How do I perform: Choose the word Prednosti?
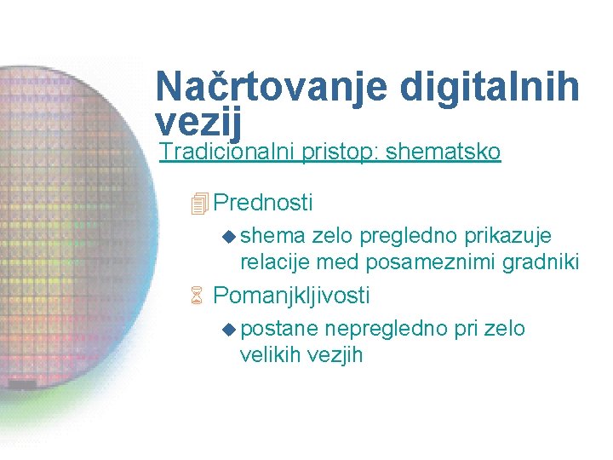coord(263,203)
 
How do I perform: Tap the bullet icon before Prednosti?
coord(200,204)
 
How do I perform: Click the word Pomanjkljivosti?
coord(291,296)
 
